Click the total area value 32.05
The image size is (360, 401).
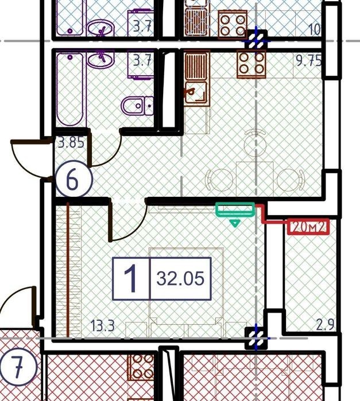[x=180, y=278]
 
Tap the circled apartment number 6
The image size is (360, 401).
[x=73, y=179]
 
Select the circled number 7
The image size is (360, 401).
[x=18, y=367]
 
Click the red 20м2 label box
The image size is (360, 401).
[x=308, y=227]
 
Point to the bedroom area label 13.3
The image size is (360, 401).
[x=102, y=326]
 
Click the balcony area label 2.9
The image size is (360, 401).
[x=325, y=325]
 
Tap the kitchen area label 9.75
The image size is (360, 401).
[x=308, y=61]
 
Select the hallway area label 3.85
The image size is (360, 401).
[x=71, y=142]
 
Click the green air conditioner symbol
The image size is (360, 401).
[x=235, y=209]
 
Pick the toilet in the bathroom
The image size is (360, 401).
[x=137, y=106]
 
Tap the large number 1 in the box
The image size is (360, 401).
[x=131, y=278]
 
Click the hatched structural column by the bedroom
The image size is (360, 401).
[x=256, y=338]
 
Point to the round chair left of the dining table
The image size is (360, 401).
[x=219, y=180]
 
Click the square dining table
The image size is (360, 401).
[x=255, y=180]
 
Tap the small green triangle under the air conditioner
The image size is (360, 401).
[x=235, y=223]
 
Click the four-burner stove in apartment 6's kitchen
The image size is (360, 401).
[x=251, y=64]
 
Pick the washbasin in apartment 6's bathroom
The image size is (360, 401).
[x=100, y=59]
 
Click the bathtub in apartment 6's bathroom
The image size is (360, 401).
[x=70, y=89]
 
